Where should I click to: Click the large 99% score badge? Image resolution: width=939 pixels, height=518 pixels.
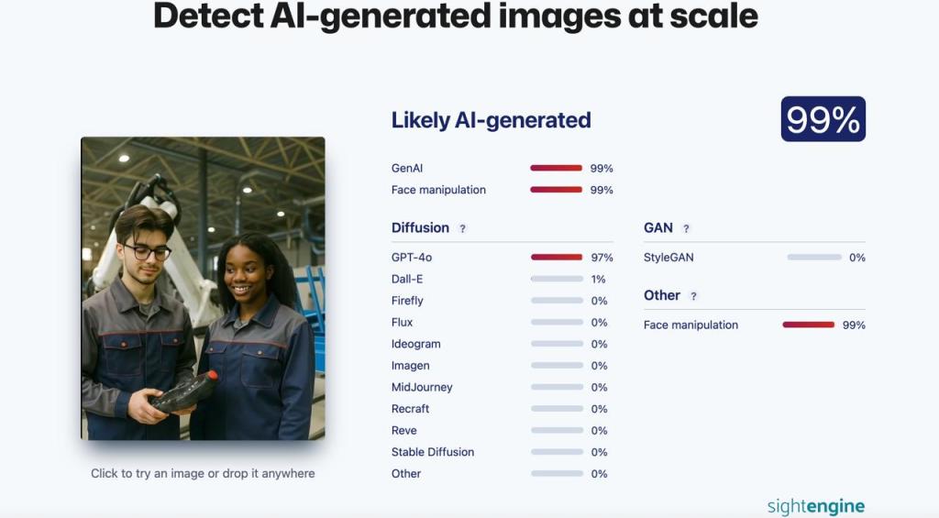(x=823, y=119)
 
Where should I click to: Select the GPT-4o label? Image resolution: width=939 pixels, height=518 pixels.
(x=412, y=258)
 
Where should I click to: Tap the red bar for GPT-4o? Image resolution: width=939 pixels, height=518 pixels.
(x=557, y=258)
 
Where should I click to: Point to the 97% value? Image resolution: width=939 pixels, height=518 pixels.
(x=602, y=258)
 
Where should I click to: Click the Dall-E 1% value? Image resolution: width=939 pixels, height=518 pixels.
(x=598, y=279)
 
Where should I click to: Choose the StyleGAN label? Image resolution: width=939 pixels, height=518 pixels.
(x=668, y=258)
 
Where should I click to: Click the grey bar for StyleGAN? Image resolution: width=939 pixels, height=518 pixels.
(x=814, y=258)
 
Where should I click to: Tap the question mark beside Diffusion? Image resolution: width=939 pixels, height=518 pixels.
(x=462, y=228)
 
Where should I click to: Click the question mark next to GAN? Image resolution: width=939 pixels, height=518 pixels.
(x=686, y=228)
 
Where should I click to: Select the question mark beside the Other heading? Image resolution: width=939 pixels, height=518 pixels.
(x=693, y=296)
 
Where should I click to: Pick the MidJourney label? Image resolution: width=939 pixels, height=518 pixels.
(x=422, y=388)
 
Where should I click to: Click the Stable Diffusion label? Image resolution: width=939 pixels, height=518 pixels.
(x=433, y=452)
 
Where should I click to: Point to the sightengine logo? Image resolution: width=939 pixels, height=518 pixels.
(x=816, y=506)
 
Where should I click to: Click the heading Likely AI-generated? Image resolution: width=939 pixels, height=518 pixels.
(x=492, y=120)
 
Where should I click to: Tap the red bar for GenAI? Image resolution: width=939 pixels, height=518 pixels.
(x=557, y=169)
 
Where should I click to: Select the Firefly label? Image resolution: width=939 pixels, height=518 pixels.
(x=407, y=301)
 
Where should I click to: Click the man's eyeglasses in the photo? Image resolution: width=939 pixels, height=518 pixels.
(x=148, y=252)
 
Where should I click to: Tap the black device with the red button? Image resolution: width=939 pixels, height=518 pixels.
(x=183, y=391)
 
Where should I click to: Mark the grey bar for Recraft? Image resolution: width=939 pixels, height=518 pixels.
(x=557, y=409)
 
